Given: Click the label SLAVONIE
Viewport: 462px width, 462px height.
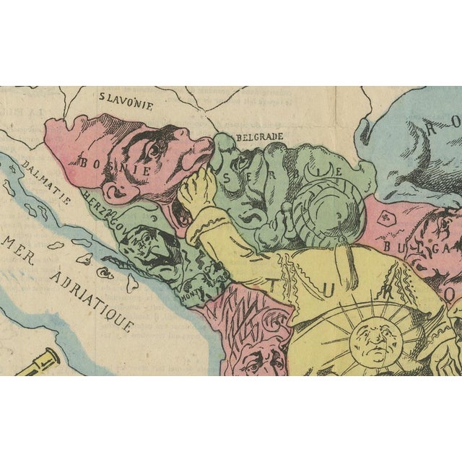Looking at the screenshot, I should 126,104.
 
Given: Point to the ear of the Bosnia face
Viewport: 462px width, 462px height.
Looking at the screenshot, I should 115,190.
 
